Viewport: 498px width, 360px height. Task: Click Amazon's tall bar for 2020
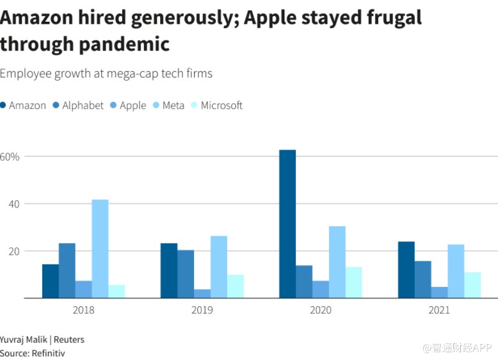tap(287, 224)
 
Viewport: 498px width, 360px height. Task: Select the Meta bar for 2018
tap(100, 249)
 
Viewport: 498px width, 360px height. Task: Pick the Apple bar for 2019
tap(202, 294)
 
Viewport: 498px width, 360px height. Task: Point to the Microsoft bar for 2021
tap(472, 285)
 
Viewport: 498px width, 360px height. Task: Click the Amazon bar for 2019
tap(169, 271)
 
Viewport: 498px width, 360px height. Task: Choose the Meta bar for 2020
tap(337, 262)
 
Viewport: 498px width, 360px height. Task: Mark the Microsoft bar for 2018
tap(116, 291)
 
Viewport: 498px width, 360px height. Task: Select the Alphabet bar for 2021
tap(422, 279)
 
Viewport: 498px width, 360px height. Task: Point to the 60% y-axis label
tap(10, 157)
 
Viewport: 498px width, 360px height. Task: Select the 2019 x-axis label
tap(202, 310)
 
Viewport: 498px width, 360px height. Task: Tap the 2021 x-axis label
tap(439, 310)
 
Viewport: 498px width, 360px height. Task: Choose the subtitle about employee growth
tap(106, 73)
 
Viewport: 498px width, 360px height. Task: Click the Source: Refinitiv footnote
tap(32, 353)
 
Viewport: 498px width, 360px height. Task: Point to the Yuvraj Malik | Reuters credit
tap(42, 340)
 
